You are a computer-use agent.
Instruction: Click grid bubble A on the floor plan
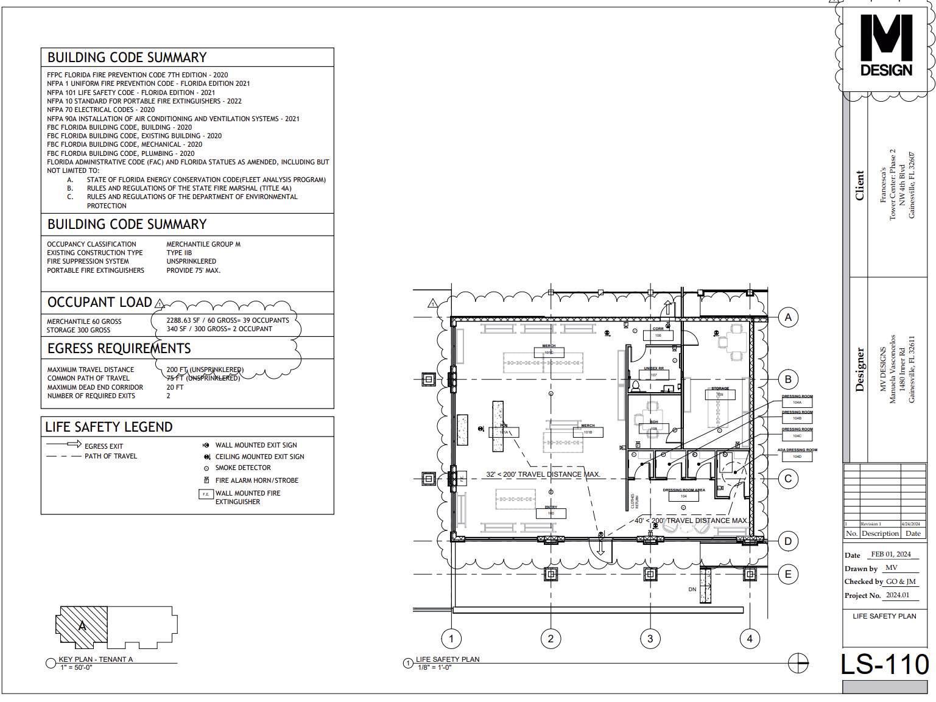point(788,317)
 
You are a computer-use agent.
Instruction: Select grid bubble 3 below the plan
point(650,638)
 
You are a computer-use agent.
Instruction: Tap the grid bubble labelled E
point(788,574)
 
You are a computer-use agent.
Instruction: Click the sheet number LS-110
point(884,664)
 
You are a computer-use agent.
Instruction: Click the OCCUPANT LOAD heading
point(100,303)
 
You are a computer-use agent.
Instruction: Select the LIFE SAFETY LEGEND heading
point(109,427)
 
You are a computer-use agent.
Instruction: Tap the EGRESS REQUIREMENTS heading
point(119,348)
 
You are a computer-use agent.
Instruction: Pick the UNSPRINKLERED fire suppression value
point(191,261)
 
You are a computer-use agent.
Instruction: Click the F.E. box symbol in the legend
point(206,494)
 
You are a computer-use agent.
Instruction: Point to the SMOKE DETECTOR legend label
point(243,468)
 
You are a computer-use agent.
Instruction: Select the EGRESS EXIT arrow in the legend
point(66,444)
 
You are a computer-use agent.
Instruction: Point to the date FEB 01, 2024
point(890,554)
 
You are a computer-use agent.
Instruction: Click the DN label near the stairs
point(692,589)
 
